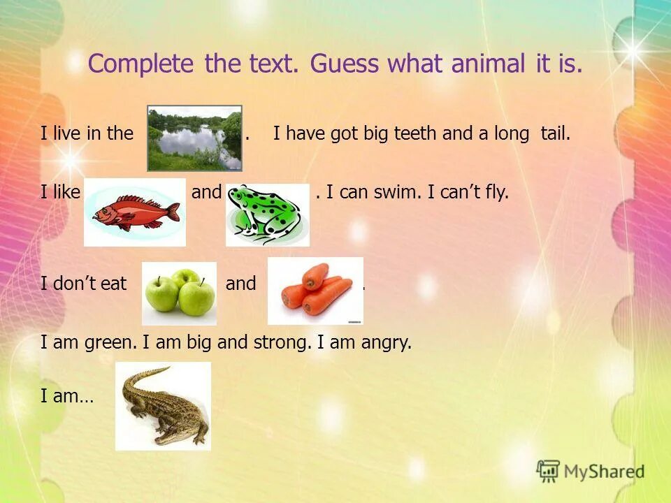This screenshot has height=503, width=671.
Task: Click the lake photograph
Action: pos(194,138)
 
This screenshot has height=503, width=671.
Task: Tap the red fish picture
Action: pos(135,212)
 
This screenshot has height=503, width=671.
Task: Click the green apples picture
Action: pos(179,293)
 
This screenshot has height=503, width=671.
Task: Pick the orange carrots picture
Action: pos(315,291)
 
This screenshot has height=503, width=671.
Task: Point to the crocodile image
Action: pos(163,406)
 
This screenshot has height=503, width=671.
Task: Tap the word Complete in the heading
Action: pos(140,64)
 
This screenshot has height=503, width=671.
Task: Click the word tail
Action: pos(555,133)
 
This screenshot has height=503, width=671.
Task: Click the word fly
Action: pos(496,192)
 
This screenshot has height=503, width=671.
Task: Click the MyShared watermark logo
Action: pos(590,471)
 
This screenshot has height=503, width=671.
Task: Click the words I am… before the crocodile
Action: pos(66,397)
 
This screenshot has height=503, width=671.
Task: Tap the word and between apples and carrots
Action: pos(240,284)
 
